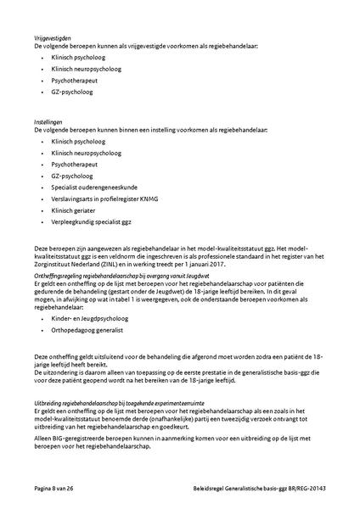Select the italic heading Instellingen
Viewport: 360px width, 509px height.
pos(48,123)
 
